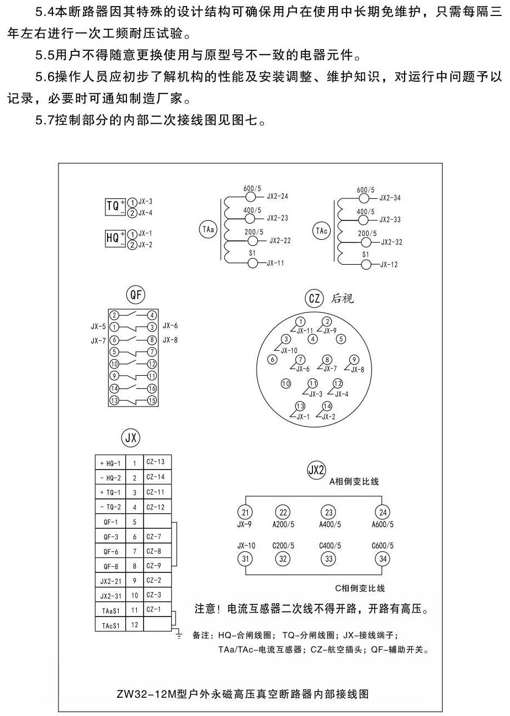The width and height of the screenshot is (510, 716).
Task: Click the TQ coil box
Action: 113,207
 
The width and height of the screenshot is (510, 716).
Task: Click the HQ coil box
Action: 113,238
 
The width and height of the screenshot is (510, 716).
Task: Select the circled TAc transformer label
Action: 321,230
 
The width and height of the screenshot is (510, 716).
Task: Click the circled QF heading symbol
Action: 135,296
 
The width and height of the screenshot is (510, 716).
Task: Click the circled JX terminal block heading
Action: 130,438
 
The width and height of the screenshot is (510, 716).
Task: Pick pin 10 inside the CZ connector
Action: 286,383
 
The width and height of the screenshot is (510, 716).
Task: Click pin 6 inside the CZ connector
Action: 272,359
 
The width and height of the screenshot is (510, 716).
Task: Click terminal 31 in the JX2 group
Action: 245,559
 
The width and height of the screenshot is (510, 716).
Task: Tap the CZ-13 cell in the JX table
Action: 156,461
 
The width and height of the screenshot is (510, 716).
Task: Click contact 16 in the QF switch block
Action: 152,388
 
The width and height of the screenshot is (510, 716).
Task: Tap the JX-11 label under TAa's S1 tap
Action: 275,264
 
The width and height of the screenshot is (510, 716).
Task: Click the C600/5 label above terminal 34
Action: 382,546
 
